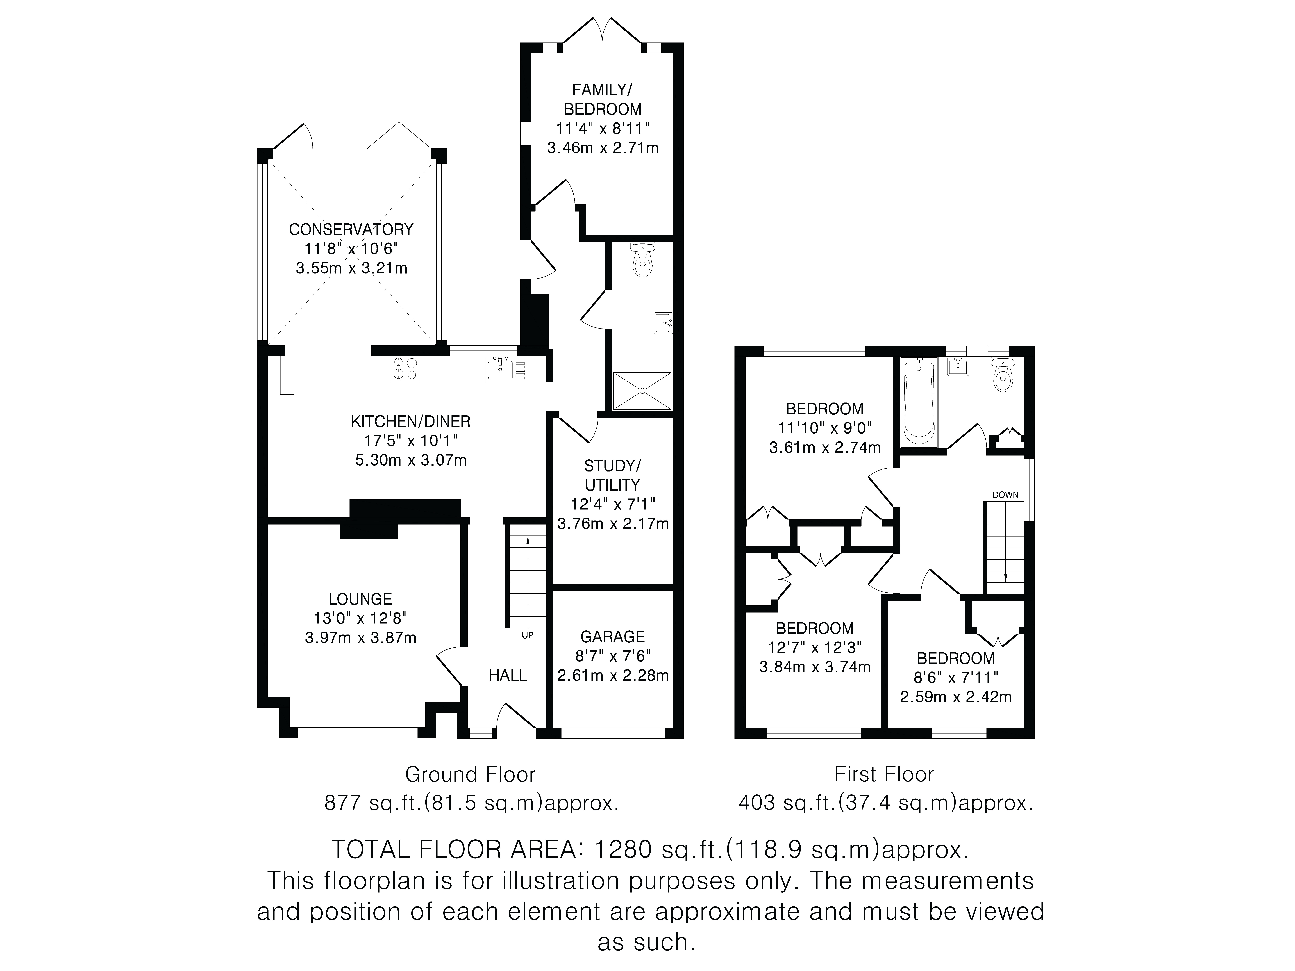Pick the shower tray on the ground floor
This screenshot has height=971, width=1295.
[x=642, y=390]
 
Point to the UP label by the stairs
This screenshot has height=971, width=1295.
[x=528, y=635]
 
